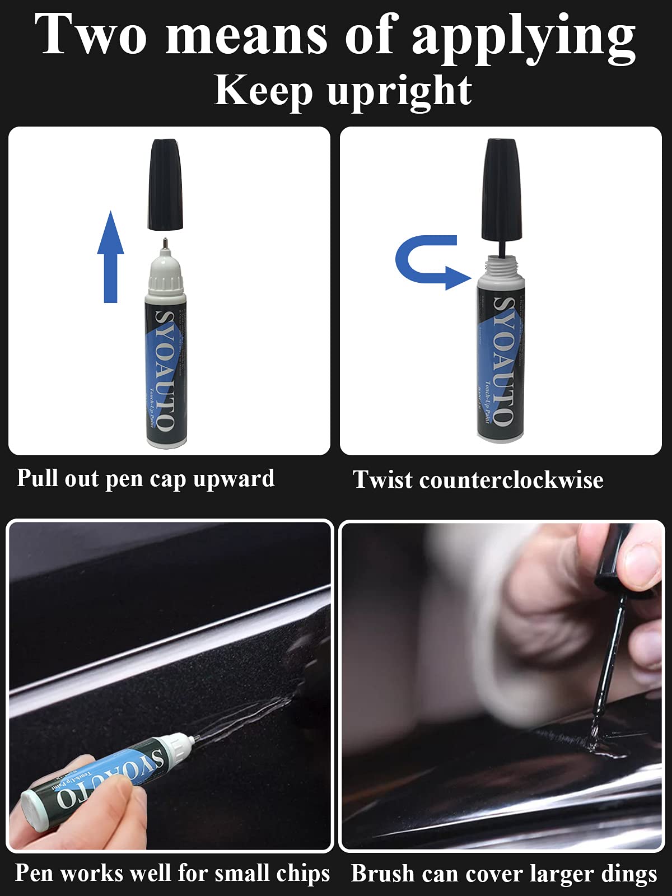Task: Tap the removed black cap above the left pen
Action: point(166,185)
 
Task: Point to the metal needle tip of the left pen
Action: point(165,243)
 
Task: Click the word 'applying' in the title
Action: point(523,36)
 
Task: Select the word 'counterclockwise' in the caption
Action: point(510,480)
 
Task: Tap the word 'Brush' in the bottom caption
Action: point(382,874)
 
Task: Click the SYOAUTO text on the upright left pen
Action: point(164,370)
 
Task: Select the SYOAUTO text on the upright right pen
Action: point(503,361)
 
